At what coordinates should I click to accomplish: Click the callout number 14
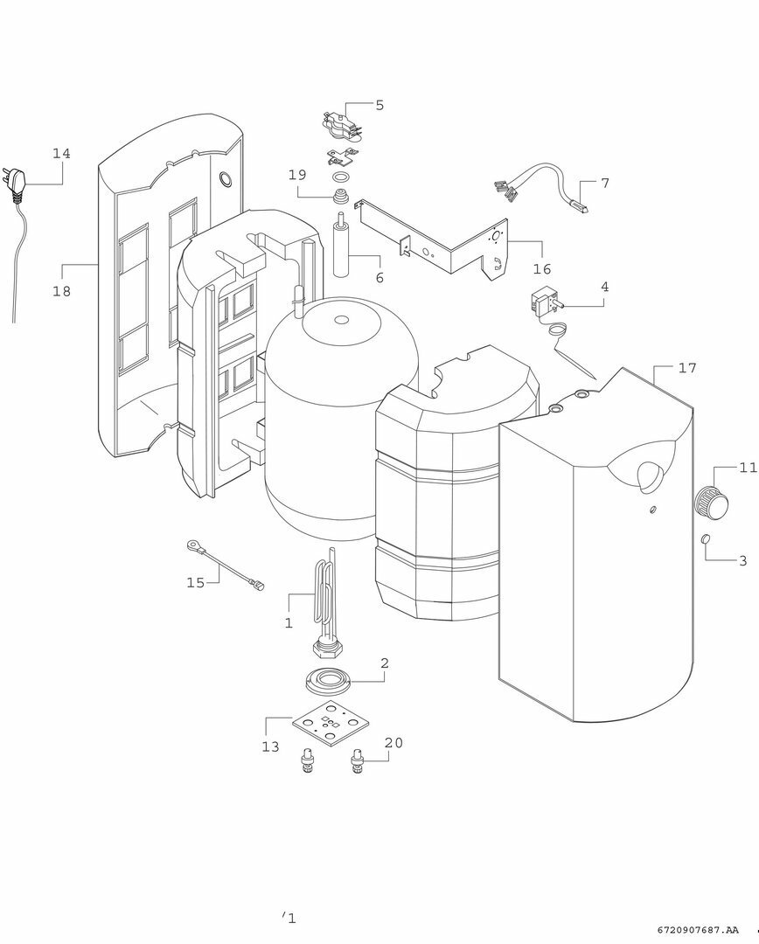61,154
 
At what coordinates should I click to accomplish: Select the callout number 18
61,291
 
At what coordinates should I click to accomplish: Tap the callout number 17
687,368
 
